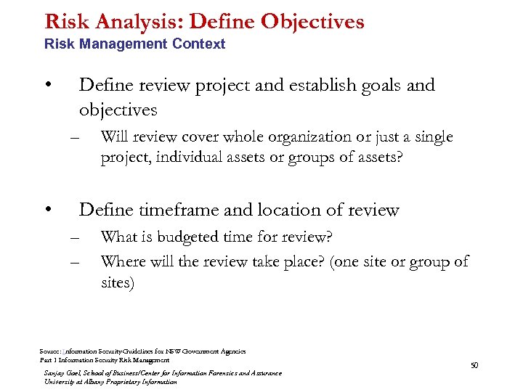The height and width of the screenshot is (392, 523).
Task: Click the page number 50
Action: (x=474, y=365)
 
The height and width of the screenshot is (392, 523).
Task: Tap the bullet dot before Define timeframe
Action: (x=48, y=209)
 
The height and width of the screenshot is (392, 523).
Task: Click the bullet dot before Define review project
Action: (x=48, y=84)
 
